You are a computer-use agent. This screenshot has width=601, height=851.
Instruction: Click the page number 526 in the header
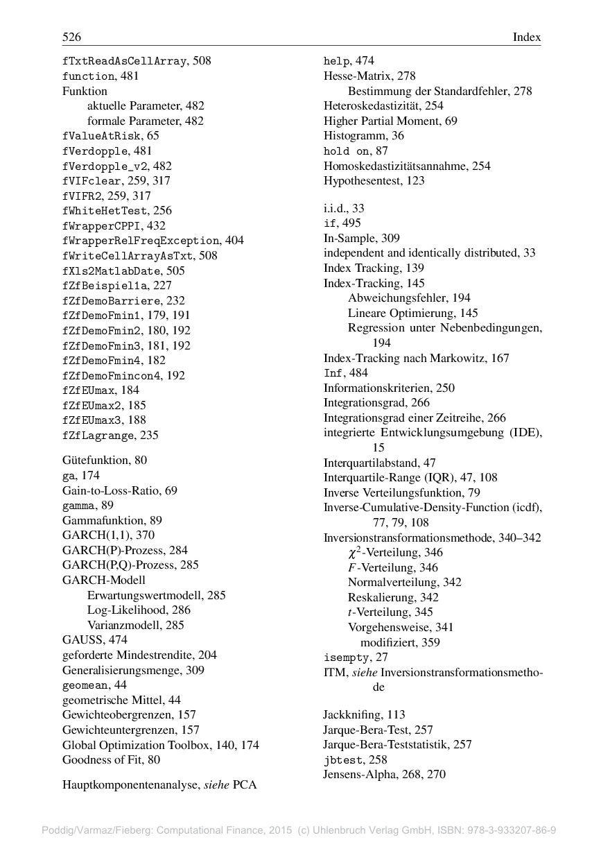[x=71, y=37]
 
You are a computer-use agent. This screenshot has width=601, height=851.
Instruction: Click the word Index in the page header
[x=526, y=37]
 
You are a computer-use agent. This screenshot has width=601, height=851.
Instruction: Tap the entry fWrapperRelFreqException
[x=141, y=241]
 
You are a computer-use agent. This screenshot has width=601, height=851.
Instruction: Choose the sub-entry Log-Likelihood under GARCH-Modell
[x=129, y=610]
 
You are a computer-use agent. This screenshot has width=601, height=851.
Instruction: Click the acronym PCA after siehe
[x=245, y=786]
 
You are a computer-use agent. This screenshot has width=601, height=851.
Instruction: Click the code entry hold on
[x=346, y=151]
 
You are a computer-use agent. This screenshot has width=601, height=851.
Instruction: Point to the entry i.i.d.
[x=336, y=208]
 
